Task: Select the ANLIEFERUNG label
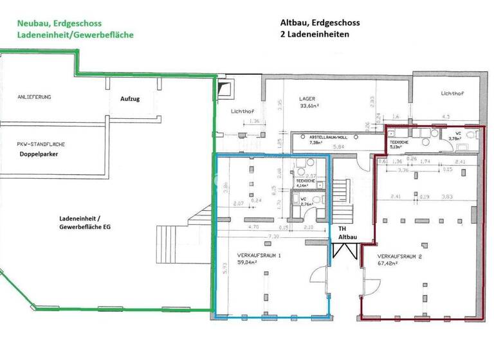[x=35, y=97]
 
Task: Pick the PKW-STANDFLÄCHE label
[x=43, y=145]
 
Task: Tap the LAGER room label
[x=307, y=99]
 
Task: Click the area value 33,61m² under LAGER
[x=312, y=107]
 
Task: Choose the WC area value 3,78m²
[x=455, y=138]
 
